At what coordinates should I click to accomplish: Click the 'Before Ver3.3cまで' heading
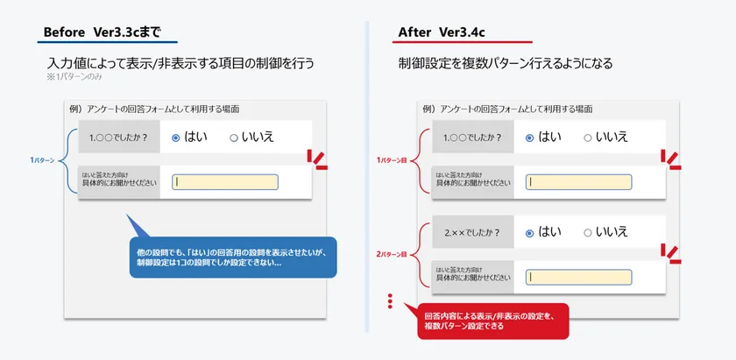tap(103, 32)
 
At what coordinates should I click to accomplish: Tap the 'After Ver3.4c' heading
tap(442, 32)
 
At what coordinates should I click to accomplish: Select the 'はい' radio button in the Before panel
tap(176, 138)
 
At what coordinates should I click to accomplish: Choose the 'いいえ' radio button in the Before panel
tap(234, 138)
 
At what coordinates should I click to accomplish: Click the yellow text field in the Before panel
tap(225, 182)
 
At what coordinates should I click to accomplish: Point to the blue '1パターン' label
tap(42, 160)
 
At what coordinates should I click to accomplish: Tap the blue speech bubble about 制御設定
tap(233, 258)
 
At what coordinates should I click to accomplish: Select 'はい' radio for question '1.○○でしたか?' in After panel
tap(529, 138)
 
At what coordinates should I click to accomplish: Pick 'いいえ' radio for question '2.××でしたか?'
tap(588, 233)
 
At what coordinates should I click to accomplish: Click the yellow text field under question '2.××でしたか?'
tap(579, 277)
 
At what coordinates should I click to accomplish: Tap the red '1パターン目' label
tap(391, 160)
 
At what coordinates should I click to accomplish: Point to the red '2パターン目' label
tap(391, 255)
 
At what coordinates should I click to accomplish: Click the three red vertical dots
tap(390, 301)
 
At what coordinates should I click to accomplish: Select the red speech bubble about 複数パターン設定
tap(492, 321)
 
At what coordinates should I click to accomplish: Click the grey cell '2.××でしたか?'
tap(472, 232)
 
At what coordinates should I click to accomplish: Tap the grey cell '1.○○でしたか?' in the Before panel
tap(119, 137)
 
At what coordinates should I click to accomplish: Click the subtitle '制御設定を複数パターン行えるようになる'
tap(505, 63)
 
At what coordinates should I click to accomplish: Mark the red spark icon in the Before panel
tap(318, 159)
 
